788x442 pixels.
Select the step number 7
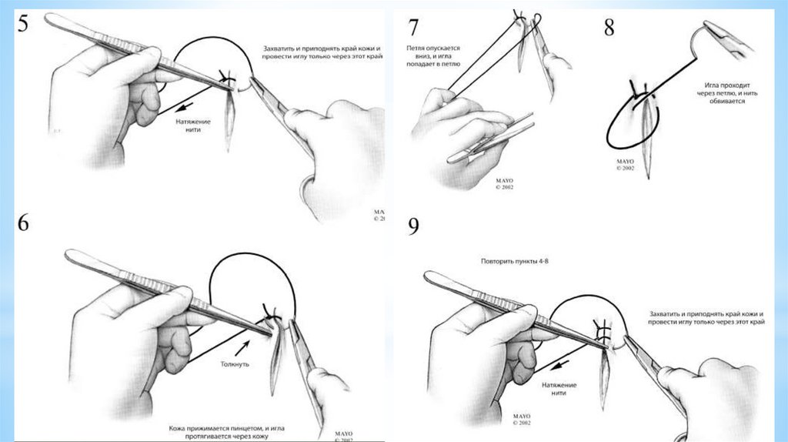click(413, 28)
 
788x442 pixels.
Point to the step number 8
click(609, 28)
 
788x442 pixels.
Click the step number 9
click(413, 229)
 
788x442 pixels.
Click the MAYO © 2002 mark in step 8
click(625, 163)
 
